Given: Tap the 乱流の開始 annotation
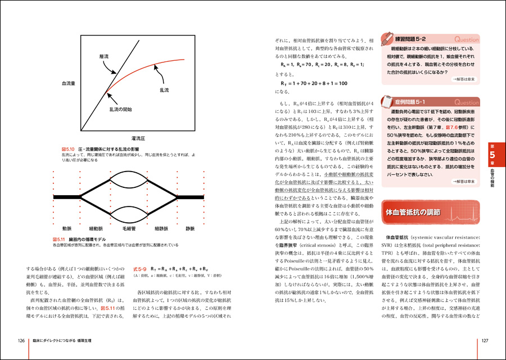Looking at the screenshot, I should point(120,109).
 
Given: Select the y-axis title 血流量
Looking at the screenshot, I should point(70,83).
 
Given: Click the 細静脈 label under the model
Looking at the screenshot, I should point(163,228).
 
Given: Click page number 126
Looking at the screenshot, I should point(21,340).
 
